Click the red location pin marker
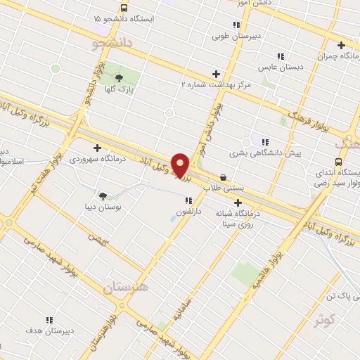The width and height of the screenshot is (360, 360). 180,165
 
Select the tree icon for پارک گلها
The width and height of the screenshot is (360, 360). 119,78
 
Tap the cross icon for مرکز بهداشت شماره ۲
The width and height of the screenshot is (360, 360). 216,74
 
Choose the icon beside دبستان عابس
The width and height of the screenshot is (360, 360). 281,56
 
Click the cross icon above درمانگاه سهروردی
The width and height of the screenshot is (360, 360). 97,147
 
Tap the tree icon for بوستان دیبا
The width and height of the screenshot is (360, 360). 103,196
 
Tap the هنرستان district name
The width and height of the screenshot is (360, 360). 127,288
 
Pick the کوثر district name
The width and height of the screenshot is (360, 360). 323,321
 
